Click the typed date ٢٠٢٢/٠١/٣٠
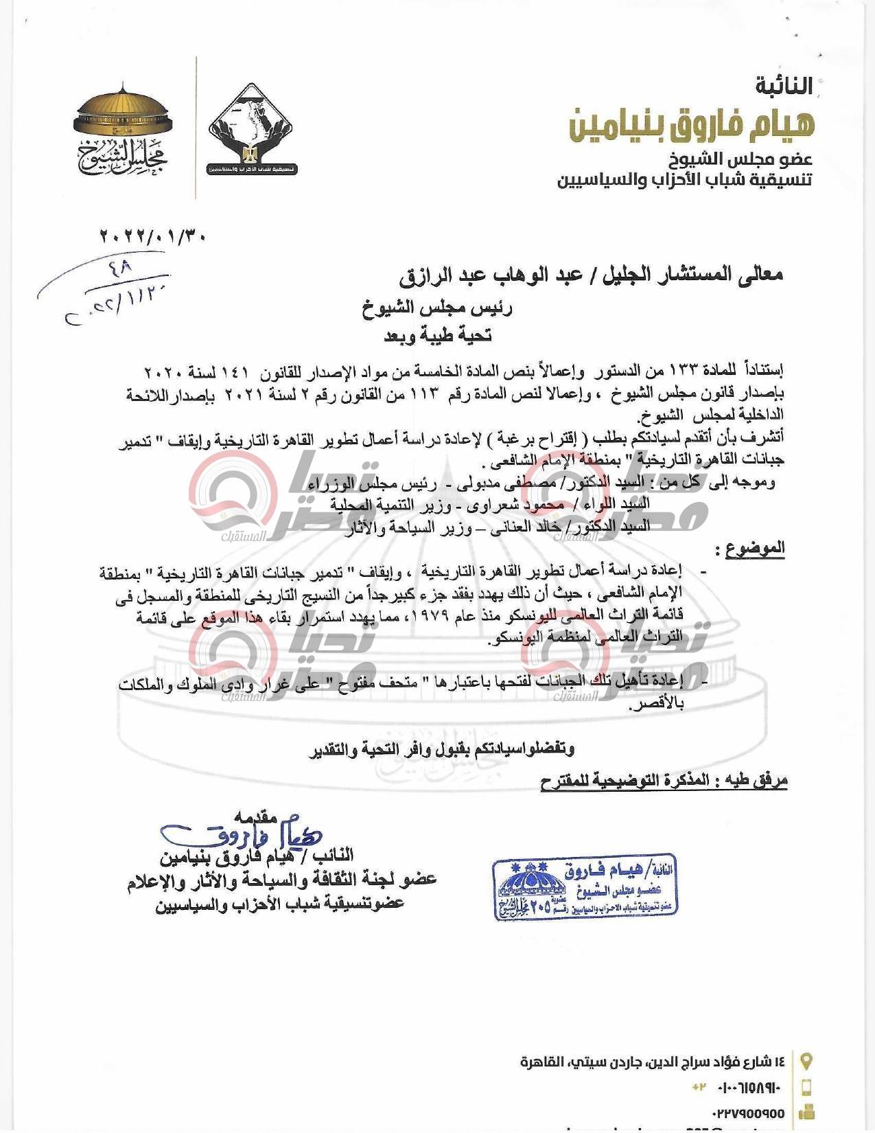click(152, 236)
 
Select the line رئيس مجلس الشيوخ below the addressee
click(437, 308)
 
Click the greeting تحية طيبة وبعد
click(437, 335)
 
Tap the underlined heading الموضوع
click(755, 547)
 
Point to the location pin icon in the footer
click(807, 1061)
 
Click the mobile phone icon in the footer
click(807, 1088)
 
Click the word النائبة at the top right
click(783, 87)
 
